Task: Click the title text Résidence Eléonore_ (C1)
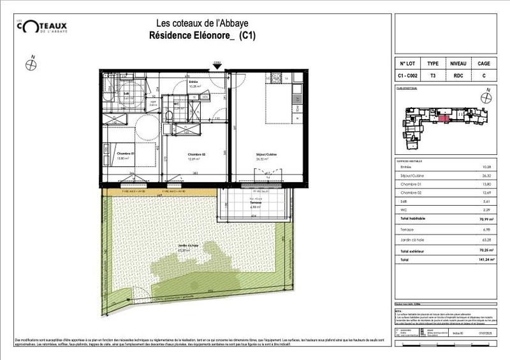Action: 202,36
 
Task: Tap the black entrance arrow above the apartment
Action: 217,66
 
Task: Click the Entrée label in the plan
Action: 193,82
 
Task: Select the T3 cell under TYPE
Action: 432,76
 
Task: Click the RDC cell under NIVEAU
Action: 458,76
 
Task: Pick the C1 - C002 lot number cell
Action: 408,76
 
